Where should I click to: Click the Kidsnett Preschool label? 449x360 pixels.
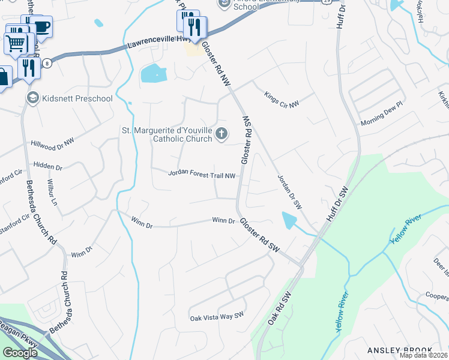tap(77, 98)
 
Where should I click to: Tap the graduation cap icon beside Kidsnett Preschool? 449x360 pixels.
tap(32, 98)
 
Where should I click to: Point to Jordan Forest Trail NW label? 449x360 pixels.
tap(202, 175)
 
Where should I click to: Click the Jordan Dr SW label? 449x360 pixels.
tap(289, 191)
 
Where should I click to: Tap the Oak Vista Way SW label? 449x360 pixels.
tap(217, 316)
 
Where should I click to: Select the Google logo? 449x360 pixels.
tap(20, 352)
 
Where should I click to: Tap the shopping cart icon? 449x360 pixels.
tap(16, 43)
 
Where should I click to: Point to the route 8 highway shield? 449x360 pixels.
tap(46, 62)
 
